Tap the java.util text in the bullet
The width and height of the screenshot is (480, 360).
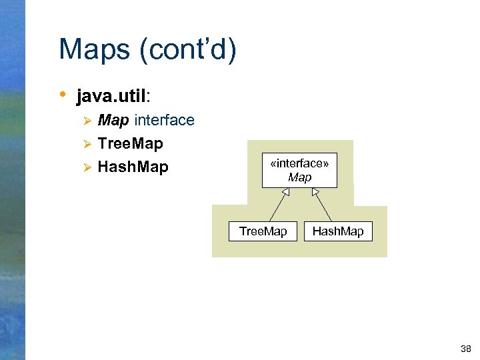coord(111,97)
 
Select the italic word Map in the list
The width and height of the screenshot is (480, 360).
coord(113,121)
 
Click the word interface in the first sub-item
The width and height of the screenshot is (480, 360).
coord(164,121)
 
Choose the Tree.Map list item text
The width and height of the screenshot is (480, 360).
coord(130,143)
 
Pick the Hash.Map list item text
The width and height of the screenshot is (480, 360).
coord(133,167)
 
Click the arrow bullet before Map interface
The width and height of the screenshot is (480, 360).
coord(85,121)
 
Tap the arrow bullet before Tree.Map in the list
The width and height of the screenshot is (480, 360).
coord(85,144)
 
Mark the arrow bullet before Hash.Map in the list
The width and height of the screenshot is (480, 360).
coord(85,167)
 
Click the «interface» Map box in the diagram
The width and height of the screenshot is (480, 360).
coord(299,171)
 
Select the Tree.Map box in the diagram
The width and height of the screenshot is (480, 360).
coord(263,231)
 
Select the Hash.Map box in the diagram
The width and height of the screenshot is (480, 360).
coord(338,231)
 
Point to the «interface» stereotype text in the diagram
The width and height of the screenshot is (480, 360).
coord(299,164)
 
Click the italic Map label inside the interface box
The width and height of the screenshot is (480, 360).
coord(299,178)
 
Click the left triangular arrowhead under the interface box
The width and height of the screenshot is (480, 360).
coord(285,193)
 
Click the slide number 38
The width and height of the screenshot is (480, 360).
coord(465,349)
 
